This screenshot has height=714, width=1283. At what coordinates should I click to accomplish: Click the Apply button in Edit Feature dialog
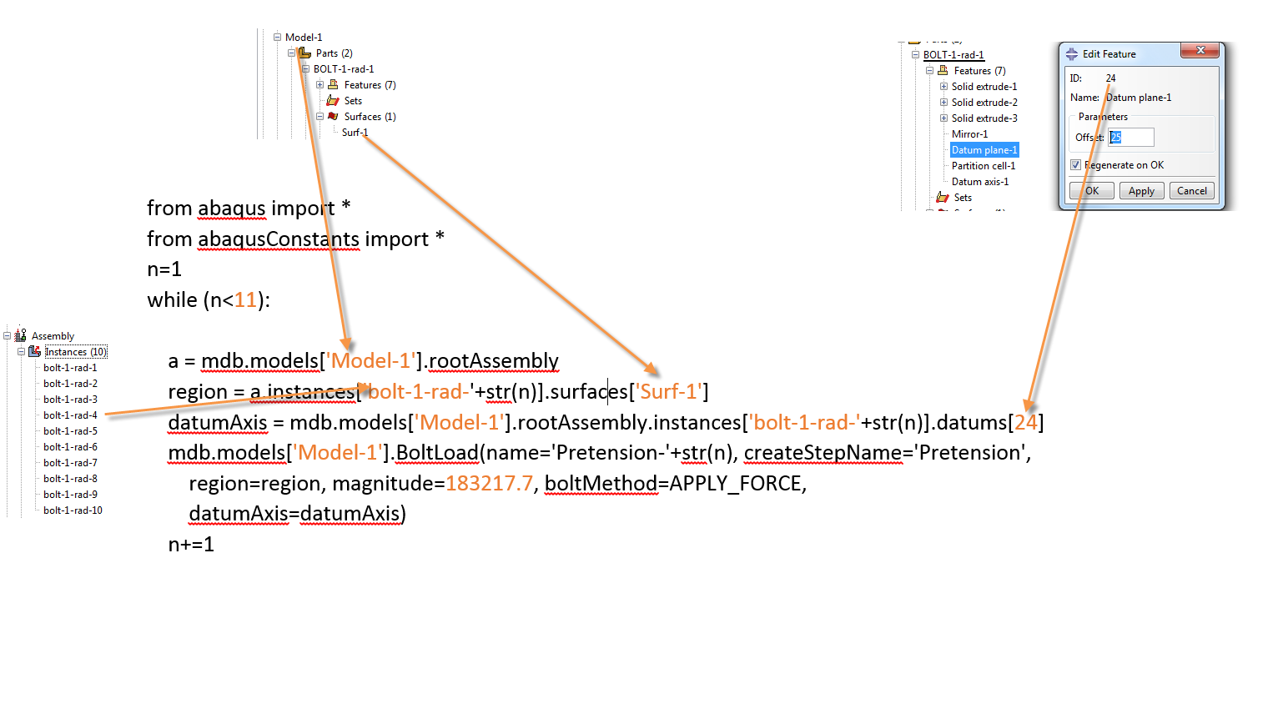[x=1141, y=191]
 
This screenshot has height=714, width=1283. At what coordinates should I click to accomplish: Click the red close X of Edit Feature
[x=1200, y=51]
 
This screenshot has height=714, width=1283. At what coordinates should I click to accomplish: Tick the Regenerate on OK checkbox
[x=1076, y=165]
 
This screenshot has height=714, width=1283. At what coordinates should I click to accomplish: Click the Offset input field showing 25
[x=1131, y=138]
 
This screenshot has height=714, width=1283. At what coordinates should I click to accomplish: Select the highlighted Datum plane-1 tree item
[x=984, y=150]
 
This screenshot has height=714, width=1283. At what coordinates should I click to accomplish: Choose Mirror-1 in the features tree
[x=969, y=134]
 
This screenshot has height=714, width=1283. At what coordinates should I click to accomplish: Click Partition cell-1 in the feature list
[x=983, y=166]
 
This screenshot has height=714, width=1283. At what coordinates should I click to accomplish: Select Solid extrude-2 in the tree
[x=984, y=103]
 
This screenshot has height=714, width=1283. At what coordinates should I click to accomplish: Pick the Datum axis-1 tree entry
[x=979, y=182]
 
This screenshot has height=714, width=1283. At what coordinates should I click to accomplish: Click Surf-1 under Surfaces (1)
[x=355, y=133]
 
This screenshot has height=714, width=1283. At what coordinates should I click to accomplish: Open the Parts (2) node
[x=334, y=53]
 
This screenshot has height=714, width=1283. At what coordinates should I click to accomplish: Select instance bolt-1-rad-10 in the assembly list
[x=73, y=510]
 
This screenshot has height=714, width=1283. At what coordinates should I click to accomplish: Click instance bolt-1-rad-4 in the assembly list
[x=70, y=415]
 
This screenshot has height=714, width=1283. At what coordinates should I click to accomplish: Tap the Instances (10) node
[x=75, y=352]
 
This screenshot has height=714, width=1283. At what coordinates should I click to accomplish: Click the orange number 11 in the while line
[x=245, y=300]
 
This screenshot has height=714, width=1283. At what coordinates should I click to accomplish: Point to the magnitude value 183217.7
[x=489, y=484]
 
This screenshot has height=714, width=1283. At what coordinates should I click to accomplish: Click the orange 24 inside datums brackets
[x=1025, y=423]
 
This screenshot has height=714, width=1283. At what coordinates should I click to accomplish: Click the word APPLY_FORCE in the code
[x=736, y=484]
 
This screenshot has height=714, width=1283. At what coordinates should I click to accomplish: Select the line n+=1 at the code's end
[x=191, y=545]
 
